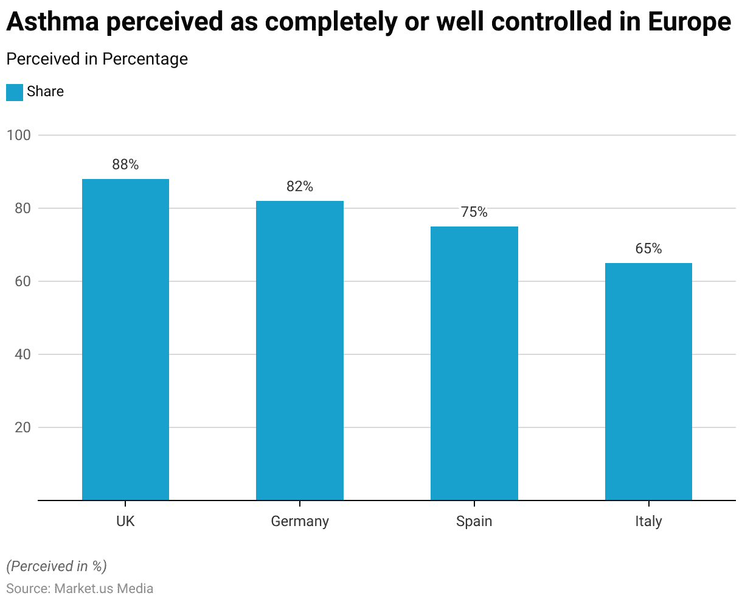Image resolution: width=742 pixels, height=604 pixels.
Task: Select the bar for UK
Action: [125, 339]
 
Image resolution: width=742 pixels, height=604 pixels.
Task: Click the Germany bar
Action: [300, 350]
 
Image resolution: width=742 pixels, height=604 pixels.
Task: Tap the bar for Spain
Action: [474, 363]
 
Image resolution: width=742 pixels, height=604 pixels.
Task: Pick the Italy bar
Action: [648, 381]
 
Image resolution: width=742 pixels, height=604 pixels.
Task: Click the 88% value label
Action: [125, 164]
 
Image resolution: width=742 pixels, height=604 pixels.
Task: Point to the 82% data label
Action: [300, 187]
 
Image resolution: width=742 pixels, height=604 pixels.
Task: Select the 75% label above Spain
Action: [474, 212]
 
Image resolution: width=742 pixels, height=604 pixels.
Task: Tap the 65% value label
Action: [648, 248]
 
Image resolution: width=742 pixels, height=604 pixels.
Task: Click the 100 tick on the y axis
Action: [18, 135]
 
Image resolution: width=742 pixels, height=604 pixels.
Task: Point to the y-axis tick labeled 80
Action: [22, 208]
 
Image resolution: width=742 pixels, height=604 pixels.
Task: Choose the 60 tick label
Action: [22, 281]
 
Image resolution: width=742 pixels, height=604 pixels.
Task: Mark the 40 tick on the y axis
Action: [22, 354]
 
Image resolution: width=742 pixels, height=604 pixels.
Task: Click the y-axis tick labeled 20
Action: [22, 427]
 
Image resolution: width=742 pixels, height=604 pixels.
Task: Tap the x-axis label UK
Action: [125, 522]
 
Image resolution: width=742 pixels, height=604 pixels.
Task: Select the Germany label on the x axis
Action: [300, 522]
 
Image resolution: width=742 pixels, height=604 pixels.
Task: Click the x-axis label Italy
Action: [648, 522]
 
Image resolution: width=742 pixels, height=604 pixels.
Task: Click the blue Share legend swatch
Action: [15, 92]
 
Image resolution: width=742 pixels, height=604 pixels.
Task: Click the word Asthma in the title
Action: [52, 23]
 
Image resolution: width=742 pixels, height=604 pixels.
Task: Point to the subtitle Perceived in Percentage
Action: [97, 59]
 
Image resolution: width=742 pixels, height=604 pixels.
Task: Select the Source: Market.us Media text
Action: [80, 589]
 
